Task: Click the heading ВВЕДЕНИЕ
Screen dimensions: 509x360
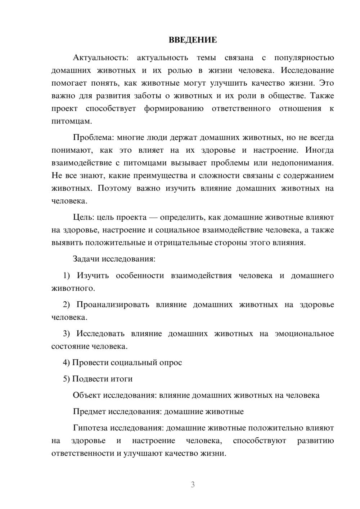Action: click(x=193, y=40)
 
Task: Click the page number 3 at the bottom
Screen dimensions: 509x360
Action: click(x=193, y=485)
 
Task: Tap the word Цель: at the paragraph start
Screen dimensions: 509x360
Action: click(x=84, y=217)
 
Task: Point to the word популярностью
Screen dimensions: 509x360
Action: click(x=304, y=58)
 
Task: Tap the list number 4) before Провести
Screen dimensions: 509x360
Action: click(x=67, y=363)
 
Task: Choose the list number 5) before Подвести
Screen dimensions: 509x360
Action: click(x=67, y=379)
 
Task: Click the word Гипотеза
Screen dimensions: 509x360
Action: click(x=90, y=428)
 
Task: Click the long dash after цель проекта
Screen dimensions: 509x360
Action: click(x=153, y=217)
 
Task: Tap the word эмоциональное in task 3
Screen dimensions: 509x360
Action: click(x=304, y=334)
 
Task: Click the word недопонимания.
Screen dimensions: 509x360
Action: click(x=303, y=163)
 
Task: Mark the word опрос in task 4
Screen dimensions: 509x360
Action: click(x=171, y=363)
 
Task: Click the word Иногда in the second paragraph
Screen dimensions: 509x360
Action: click(x=319, y=150)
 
